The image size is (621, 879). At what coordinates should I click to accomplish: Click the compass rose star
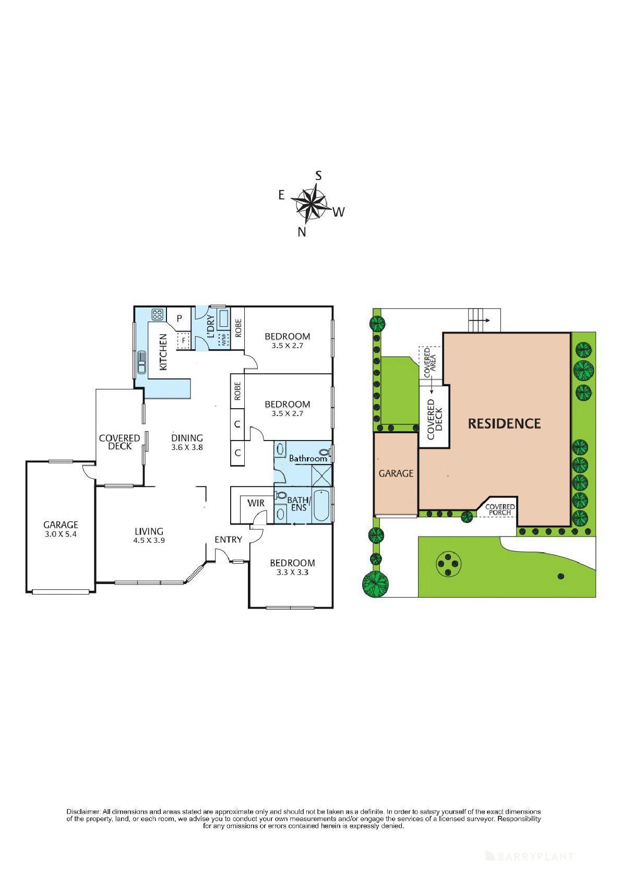(x=310, y=203)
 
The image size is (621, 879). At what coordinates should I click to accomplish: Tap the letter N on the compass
(x=302, y=232)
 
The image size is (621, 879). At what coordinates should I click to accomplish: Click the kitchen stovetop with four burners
(x=157, y=314)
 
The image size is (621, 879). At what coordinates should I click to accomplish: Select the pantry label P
(x=180, y=318)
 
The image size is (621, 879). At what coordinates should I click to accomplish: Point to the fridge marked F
(x=183, y=340)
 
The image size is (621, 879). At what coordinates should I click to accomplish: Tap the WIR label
(x=256, y=503)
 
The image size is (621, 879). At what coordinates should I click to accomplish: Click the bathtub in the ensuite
(x=321, y=505)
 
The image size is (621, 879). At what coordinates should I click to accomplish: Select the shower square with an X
(x=321, y=476)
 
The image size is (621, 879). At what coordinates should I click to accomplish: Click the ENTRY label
(x=229, y=540)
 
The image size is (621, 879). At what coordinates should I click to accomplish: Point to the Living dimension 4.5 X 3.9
(x=149, y=540)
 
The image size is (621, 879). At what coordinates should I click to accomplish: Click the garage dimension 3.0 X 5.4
(x=61, y=534)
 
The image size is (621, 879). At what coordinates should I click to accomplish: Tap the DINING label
(x=187, y=438)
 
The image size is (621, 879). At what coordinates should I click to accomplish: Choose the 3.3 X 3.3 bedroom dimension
(x=292, y=573)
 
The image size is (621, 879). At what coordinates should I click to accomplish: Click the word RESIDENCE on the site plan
(x=505, y=423)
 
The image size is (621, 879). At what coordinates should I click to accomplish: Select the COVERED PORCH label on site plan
(x=500, y=510)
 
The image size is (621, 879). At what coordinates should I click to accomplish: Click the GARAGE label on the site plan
(x=396, y=473)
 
